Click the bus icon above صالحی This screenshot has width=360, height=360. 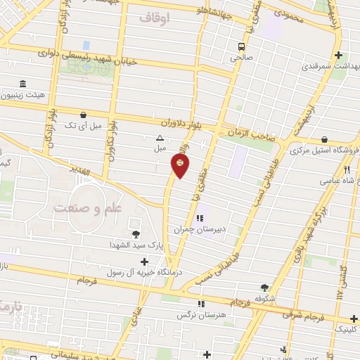point(241,48)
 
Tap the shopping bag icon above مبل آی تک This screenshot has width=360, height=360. point(84,115)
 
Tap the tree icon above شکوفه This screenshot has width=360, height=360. point(264,287)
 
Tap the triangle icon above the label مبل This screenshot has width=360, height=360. point(160,138)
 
